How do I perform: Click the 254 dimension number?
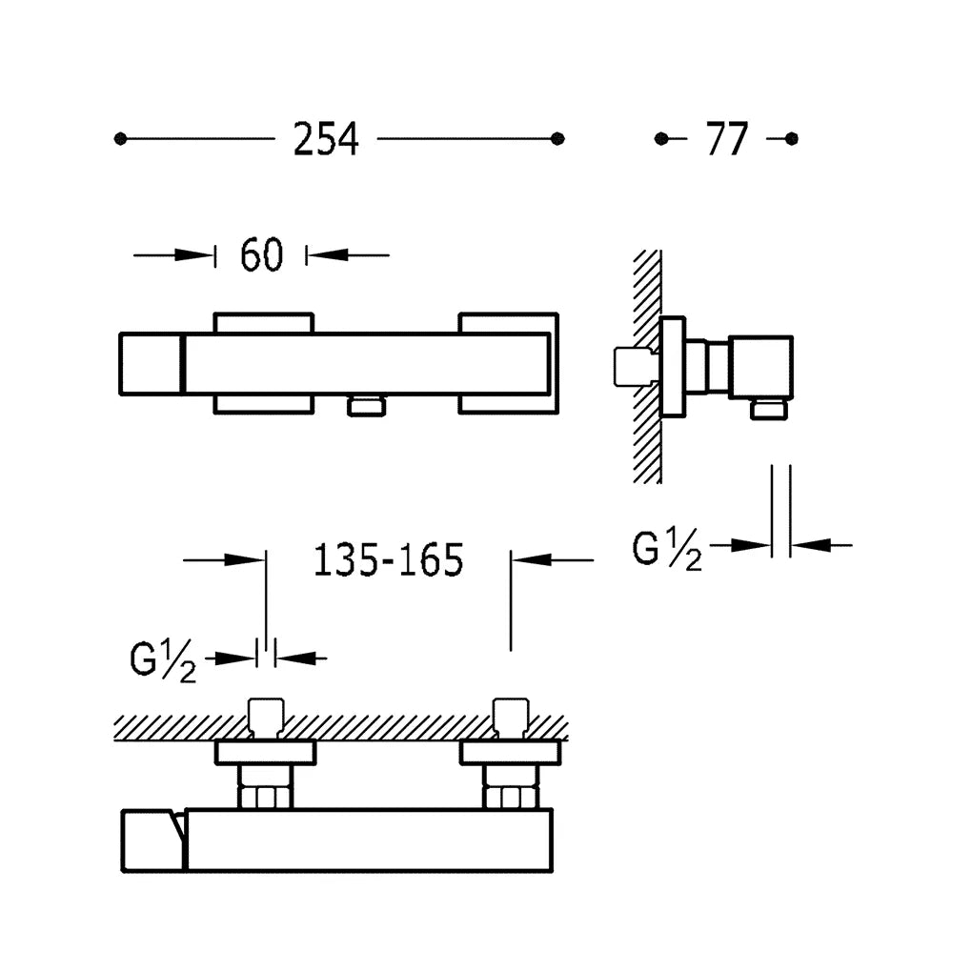click(326, 139)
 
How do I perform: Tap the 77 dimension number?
click(726, 139)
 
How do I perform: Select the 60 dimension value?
click(262, 254)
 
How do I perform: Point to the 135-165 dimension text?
click(389, 560)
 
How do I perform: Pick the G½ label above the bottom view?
click(163, 661)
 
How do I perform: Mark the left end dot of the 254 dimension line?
click(120, 139)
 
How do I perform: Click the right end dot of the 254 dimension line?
click(557, 139)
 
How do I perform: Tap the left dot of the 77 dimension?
click(660, 139)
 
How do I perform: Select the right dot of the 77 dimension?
click(791, 139)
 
